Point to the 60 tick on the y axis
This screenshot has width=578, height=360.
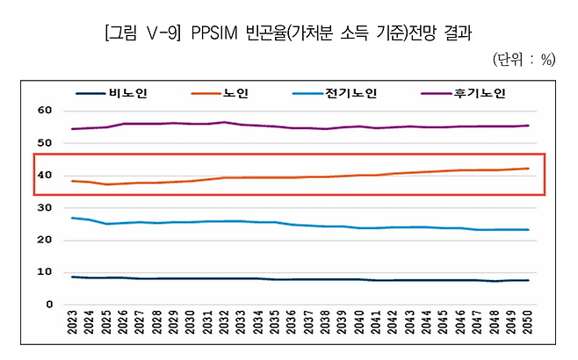(x=45, y=111)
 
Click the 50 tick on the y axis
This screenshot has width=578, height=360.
(x=45, y=143)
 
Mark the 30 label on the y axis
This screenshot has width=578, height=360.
(x=45, y=207)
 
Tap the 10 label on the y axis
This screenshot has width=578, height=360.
(x=45, y=272)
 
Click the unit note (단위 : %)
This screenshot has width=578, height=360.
(x=524, y=60)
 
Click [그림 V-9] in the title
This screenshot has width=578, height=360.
(x=143, y=34)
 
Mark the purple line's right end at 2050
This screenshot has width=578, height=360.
(x=527, y=126)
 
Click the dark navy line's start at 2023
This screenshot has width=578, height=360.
(x=73, y=277)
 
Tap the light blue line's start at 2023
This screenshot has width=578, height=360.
(x=73, y=218)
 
